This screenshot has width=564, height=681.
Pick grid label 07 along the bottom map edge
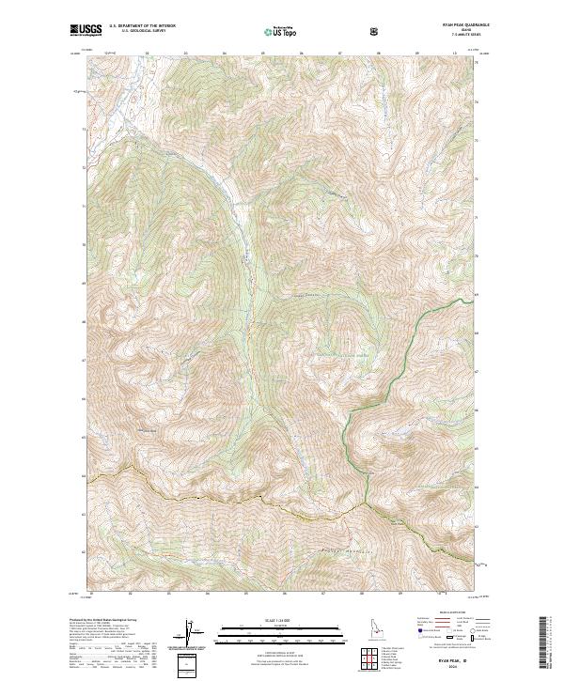pos(322,594)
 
